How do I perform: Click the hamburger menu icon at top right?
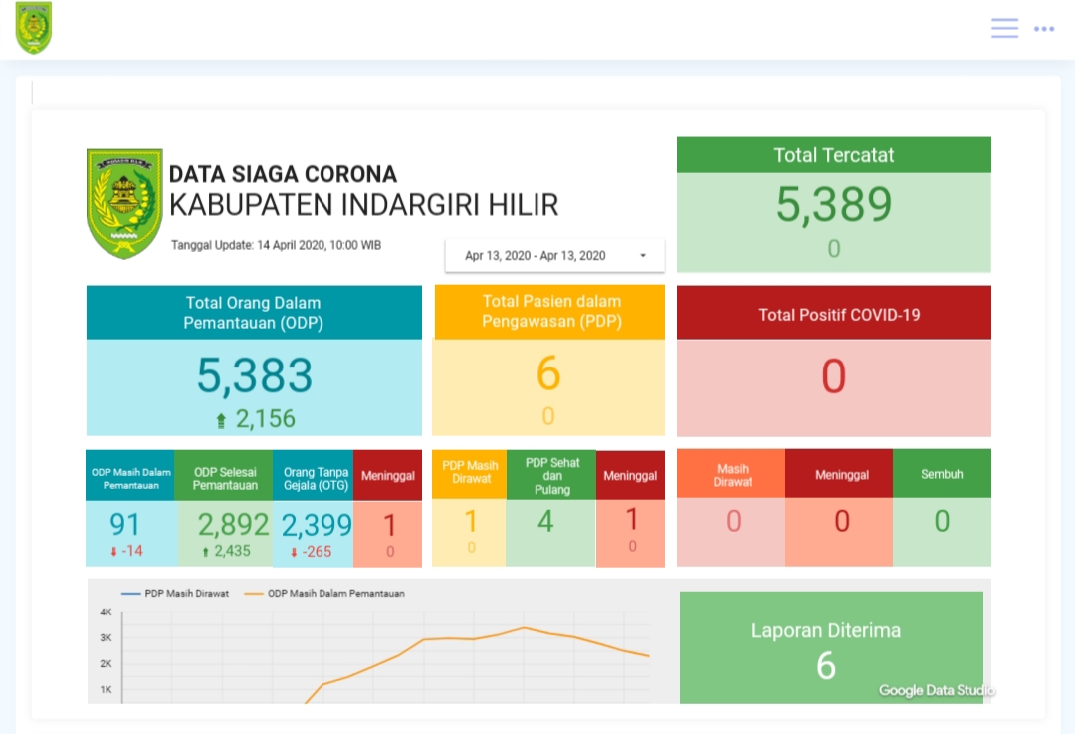click(x=1004, y=28)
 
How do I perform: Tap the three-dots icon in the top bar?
click(x=1044, y=29)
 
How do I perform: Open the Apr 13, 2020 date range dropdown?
click(x=554, y=256)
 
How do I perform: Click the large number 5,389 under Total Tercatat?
click(x=833, y=205)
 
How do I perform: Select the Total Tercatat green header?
click(x=833, y=155)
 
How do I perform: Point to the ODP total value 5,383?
click(x=254, y=376)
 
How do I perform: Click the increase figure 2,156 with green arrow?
click(x=256, y=419)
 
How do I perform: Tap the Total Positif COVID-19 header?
click(x=833, y=315)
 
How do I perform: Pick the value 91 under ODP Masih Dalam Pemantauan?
click(x=125, y=523)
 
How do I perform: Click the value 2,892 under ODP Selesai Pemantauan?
click(x=233, y=524)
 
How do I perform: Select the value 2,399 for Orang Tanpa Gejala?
click(x=317, y=524)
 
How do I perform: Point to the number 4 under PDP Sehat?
click(x=545, y=520)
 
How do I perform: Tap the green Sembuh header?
click(x=942, y=474)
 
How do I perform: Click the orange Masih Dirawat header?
click(x=732, y=475)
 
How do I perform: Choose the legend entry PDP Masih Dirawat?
click(x=176, y=594)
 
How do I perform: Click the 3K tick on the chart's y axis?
click(x=106, y=638)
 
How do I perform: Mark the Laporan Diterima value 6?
click(x=825, y=666)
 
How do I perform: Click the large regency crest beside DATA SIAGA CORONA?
click(x=124, y=204)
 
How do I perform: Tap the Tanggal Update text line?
click(x=276, y=245)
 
